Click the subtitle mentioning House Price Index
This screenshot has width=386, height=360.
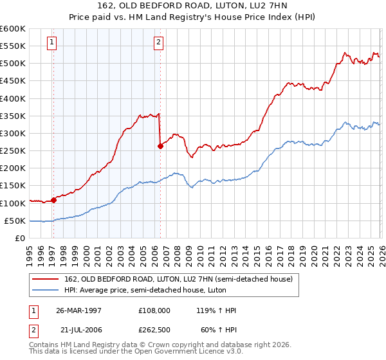pyautogui.click(x=192, y=17)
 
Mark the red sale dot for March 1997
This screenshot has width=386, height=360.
pyautogui.click(x=54, y=200)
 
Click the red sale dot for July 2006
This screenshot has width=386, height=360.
pyautogui.click(x=160, y=146)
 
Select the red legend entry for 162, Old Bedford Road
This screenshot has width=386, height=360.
pyautogui.click(x=178, y=279)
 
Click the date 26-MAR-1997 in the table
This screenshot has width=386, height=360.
pyautogui.click(x=78, y=310)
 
